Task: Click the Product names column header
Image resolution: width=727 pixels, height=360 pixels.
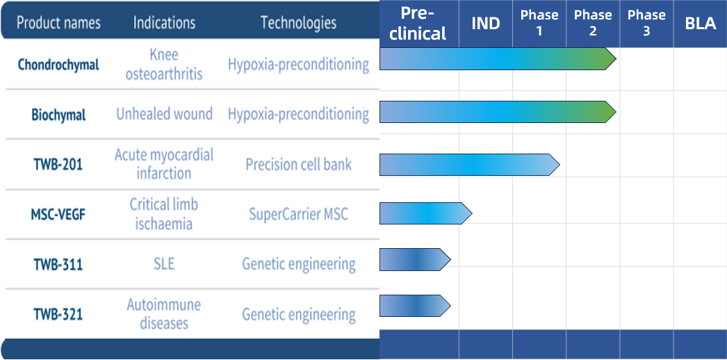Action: click(58, 23)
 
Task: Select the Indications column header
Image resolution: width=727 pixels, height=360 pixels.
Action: click(165, 23)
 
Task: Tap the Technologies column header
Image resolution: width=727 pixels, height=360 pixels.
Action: click(298, 23)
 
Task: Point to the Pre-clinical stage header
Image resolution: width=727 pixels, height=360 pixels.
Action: click(418, 24)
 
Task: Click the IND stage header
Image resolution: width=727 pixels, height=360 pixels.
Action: click(485, 24)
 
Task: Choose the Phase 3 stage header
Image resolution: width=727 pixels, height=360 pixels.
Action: click(646, 24)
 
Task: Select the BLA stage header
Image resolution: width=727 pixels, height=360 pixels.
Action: click(700, 24)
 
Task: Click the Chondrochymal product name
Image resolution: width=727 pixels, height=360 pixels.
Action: click(58, 65)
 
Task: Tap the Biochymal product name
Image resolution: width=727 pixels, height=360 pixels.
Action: click(58, 115)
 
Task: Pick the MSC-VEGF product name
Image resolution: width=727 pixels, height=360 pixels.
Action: click(58, 214)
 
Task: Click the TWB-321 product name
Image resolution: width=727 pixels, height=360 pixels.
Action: click(58, 314)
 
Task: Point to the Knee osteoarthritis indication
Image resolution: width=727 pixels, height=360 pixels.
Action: click(164, 64)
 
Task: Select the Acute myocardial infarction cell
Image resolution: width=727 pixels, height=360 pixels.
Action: click(164, 164)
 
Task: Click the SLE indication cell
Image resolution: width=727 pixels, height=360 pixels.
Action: click(164, 264)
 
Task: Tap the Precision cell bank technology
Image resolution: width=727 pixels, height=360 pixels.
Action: click(298, 165)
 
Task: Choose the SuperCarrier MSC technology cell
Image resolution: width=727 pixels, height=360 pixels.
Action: click(298, 214)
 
